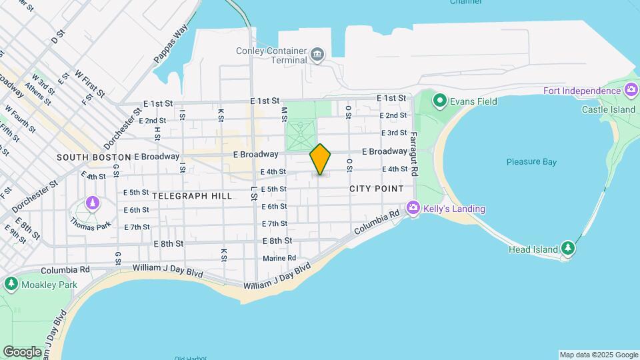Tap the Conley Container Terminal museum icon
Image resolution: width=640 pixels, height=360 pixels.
pos(317,53)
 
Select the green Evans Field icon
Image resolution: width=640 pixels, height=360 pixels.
pos(439,101)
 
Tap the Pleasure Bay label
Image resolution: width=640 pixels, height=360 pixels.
pos(531,161)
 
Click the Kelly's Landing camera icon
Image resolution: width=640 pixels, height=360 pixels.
pos(413,209)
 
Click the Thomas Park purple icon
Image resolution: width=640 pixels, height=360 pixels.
pos(93,202)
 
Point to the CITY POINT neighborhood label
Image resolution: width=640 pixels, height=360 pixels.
pos(377,189)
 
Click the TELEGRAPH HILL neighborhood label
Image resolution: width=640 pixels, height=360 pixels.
pos(192,196)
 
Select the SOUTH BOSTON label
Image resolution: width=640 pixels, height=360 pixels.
pos(93,157)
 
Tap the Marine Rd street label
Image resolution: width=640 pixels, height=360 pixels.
pos(279,258)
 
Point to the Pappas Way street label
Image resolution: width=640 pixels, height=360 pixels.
pos(162,45)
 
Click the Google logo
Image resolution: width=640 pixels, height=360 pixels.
pos(22,351)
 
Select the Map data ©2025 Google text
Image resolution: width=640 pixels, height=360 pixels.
pos(598,355)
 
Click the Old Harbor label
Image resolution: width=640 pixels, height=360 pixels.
pos(188,358)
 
